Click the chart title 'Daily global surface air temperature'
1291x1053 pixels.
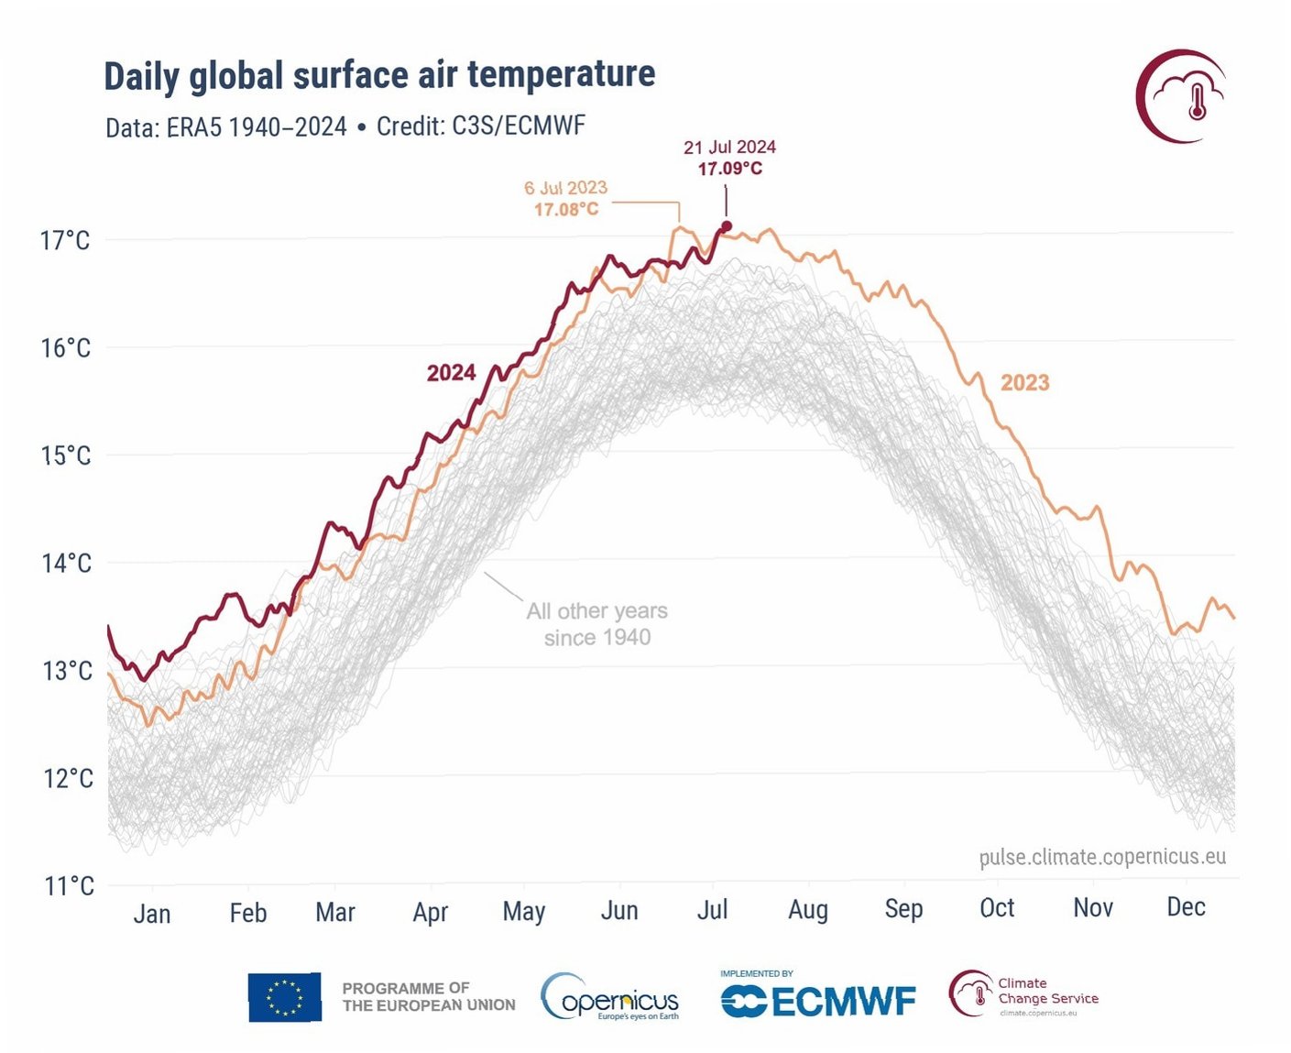point(379,75)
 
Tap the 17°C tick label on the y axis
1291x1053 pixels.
point(65,241)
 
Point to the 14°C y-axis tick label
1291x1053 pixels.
point(66,563)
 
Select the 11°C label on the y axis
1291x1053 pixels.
point(69,886)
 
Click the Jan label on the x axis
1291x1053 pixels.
point(152,914)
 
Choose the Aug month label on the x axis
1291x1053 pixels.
point(808,910)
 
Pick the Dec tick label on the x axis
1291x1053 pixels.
point(1186,907)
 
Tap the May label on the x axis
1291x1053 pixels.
point(524,912)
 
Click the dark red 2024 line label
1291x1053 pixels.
point(451,373)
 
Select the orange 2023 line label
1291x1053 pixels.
point(1024,383)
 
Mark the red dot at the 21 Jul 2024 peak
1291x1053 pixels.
point(727,226)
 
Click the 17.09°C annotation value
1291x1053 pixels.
point(729,169)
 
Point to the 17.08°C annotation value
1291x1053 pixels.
point(566,210)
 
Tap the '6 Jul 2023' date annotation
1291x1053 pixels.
point(565,188)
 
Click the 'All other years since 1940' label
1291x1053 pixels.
point(597,624)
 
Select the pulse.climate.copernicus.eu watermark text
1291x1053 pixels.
point(1102,857)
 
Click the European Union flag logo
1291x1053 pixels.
point(285,997)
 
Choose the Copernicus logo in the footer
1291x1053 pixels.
point(610,998)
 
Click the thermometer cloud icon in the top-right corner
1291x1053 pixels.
point(1185,96)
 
